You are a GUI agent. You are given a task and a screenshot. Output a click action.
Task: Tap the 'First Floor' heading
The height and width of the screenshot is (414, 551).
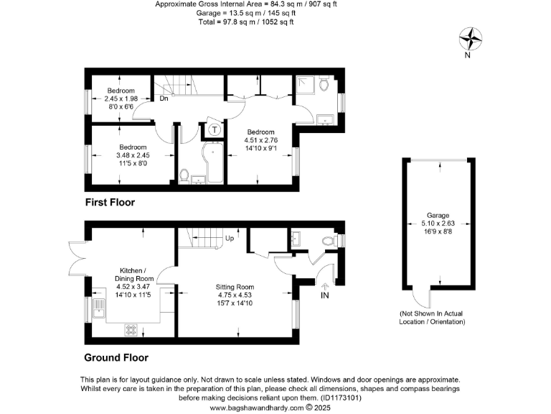click(x=110, y=202)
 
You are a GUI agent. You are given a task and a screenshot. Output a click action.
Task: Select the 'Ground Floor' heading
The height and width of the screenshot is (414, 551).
click(x=116, y=356)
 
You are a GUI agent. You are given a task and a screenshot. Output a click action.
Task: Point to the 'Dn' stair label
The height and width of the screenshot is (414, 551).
click(x=164, y=98)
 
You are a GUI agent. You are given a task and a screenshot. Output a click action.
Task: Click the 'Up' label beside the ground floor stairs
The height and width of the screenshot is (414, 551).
click(x=230, y=238)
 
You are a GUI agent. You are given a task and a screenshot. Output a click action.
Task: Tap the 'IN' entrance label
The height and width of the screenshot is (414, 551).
click(x=325, y=295)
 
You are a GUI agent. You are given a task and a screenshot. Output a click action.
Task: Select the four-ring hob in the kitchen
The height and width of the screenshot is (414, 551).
click(x=132, y=330)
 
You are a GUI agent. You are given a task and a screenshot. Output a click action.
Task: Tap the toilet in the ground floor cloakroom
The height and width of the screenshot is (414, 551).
click(x=329, y=240)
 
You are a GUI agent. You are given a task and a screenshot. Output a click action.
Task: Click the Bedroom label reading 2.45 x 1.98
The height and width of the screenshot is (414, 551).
click(x=121, y=98)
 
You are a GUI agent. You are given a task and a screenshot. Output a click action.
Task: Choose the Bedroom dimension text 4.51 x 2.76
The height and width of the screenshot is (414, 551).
click(x=260, y=140)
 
